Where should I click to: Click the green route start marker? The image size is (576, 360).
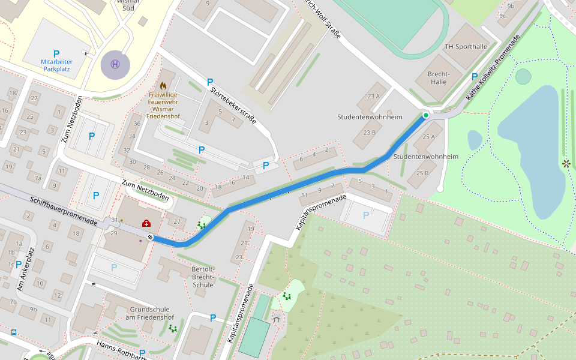click(426, 115)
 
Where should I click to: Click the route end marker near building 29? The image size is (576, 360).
click(150, 238)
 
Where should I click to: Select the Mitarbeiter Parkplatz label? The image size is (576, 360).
click(56, 65)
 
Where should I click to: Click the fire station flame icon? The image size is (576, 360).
click(163, 86)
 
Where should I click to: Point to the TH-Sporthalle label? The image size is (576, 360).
click(466, 46)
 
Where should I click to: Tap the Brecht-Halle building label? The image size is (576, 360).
click(439, 77)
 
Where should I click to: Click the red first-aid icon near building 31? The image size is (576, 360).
click(146, 223)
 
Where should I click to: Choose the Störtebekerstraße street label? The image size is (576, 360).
click(233, 106)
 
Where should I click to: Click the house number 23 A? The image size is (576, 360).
click(374, 96)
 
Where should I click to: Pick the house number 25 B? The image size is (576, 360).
click(422, 173)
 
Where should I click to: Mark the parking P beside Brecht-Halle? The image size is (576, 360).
click(475, 77)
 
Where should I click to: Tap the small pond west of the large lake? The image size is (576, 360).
click(475, 140)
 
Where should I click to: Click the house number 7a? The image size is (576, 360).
click(38, 178)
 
